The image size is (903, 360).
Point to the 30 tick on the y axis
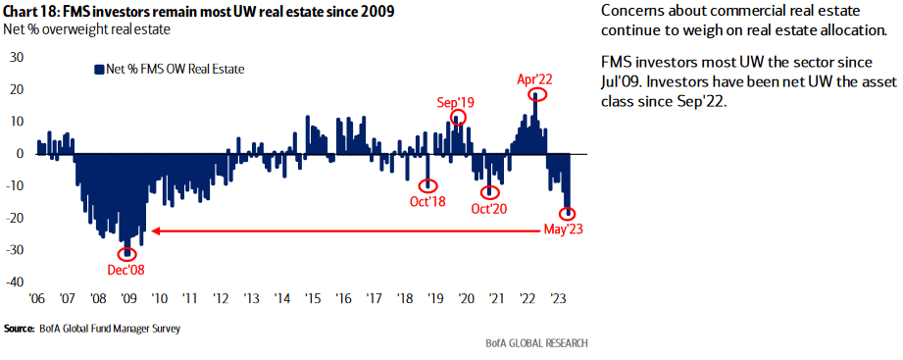(x=16, y=57)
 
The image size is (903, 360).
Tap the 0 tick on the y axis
(x=20, y=153)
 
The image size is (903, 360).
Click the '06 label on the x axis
(x=37, y=298)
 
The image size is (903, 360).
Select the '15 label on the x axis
(x=313, y=298)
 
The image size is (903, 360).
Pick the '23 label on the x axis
(x=558, y=298)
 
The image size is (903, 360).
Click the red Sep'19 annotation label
(x=456, y=101)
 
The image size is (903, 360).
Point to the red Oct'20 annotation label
(x=490, y=208)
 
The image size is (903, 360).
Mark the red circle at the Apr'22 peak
(x=535, y=95)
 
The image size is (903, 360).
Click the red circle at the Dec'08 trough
(x=127, y=252)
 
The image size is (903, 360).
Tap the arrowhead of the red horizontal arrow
(x=152, y=231)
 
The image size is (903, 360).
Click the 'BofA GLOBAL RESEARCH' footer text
(x=537, y=343)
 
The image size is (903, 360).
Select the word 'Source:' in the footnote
(x=20, y=329)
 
